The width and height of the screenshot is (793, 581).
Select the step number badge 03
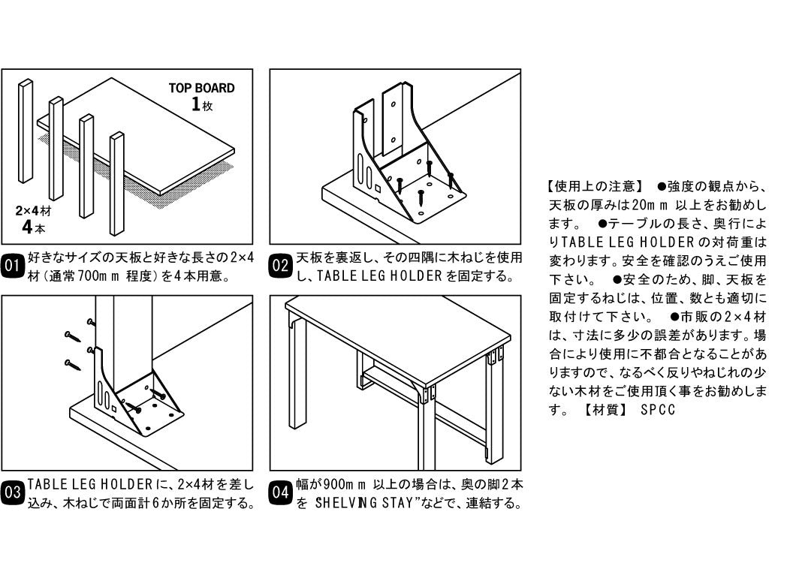(13, 493)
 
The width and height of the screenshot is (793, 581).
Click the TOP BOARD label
(201, 88)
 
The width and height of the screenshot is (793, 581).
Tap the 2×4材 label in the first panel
(34, 211)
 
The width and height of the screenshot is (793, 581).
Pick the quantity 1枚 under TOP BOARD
(202, 105)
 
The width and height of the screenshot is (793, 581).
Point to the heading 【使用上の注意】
(591, 185)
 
